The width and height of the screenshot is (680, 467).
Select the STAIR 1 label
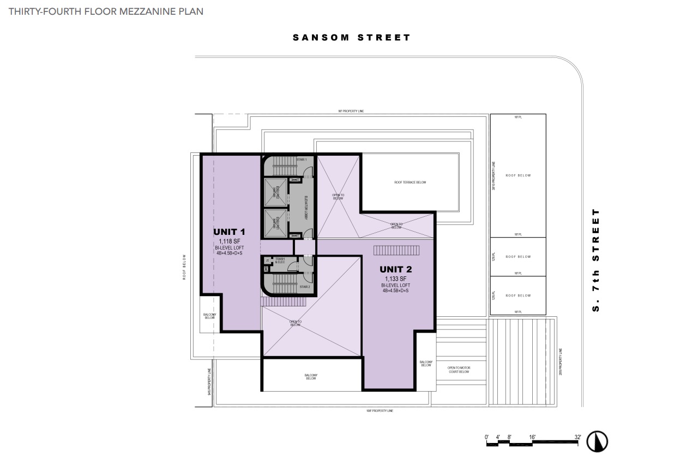click(x=302, y=159)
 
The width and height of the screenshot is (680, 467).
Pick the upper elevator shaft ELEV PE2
click(x=275, y=191)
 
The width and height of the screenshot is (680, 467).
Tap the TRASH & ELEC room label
click(x=280, y=261)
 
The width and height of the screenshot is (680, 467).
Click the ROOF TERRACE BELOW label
click(x=410, y=182)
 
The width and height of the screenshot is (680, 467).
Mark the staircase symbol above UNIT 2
click(x=396, y=250)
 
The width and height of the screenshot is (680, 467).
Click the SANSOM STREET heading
click(x=351, y=38)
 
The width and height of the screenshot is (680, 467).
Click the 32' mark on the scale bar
click(x=577, y=436)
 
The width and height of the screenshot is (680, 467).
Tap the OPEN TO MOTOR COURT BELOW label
click(x=459, y=370)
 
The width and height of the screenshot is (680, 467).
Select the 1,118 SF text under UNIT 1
click(x=229, y=241)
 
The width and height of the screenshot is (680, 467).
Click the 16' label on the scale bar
click(x=532, y=436)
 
